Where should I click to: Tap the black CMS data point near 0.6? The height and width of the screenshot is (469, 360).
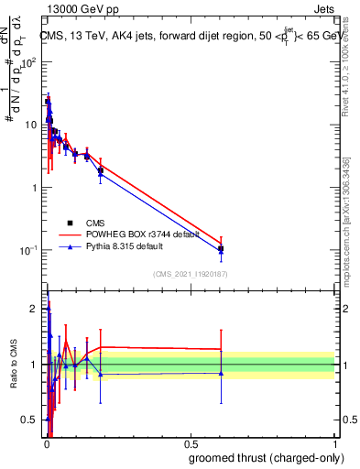click(x=221, y=248)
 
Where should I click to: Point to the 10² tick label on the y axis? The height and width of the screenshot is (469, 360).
click(x=28, y=63)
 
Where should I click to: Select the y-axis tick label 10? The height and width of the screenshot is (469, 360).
click(x=30, y=125)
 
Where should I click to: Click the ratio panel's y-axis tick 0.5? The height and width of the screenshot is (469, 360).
click(x=30, y=420)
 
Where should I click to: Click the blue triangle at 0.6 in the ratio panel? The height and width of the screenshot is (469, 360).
click(x=221, y=373)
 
